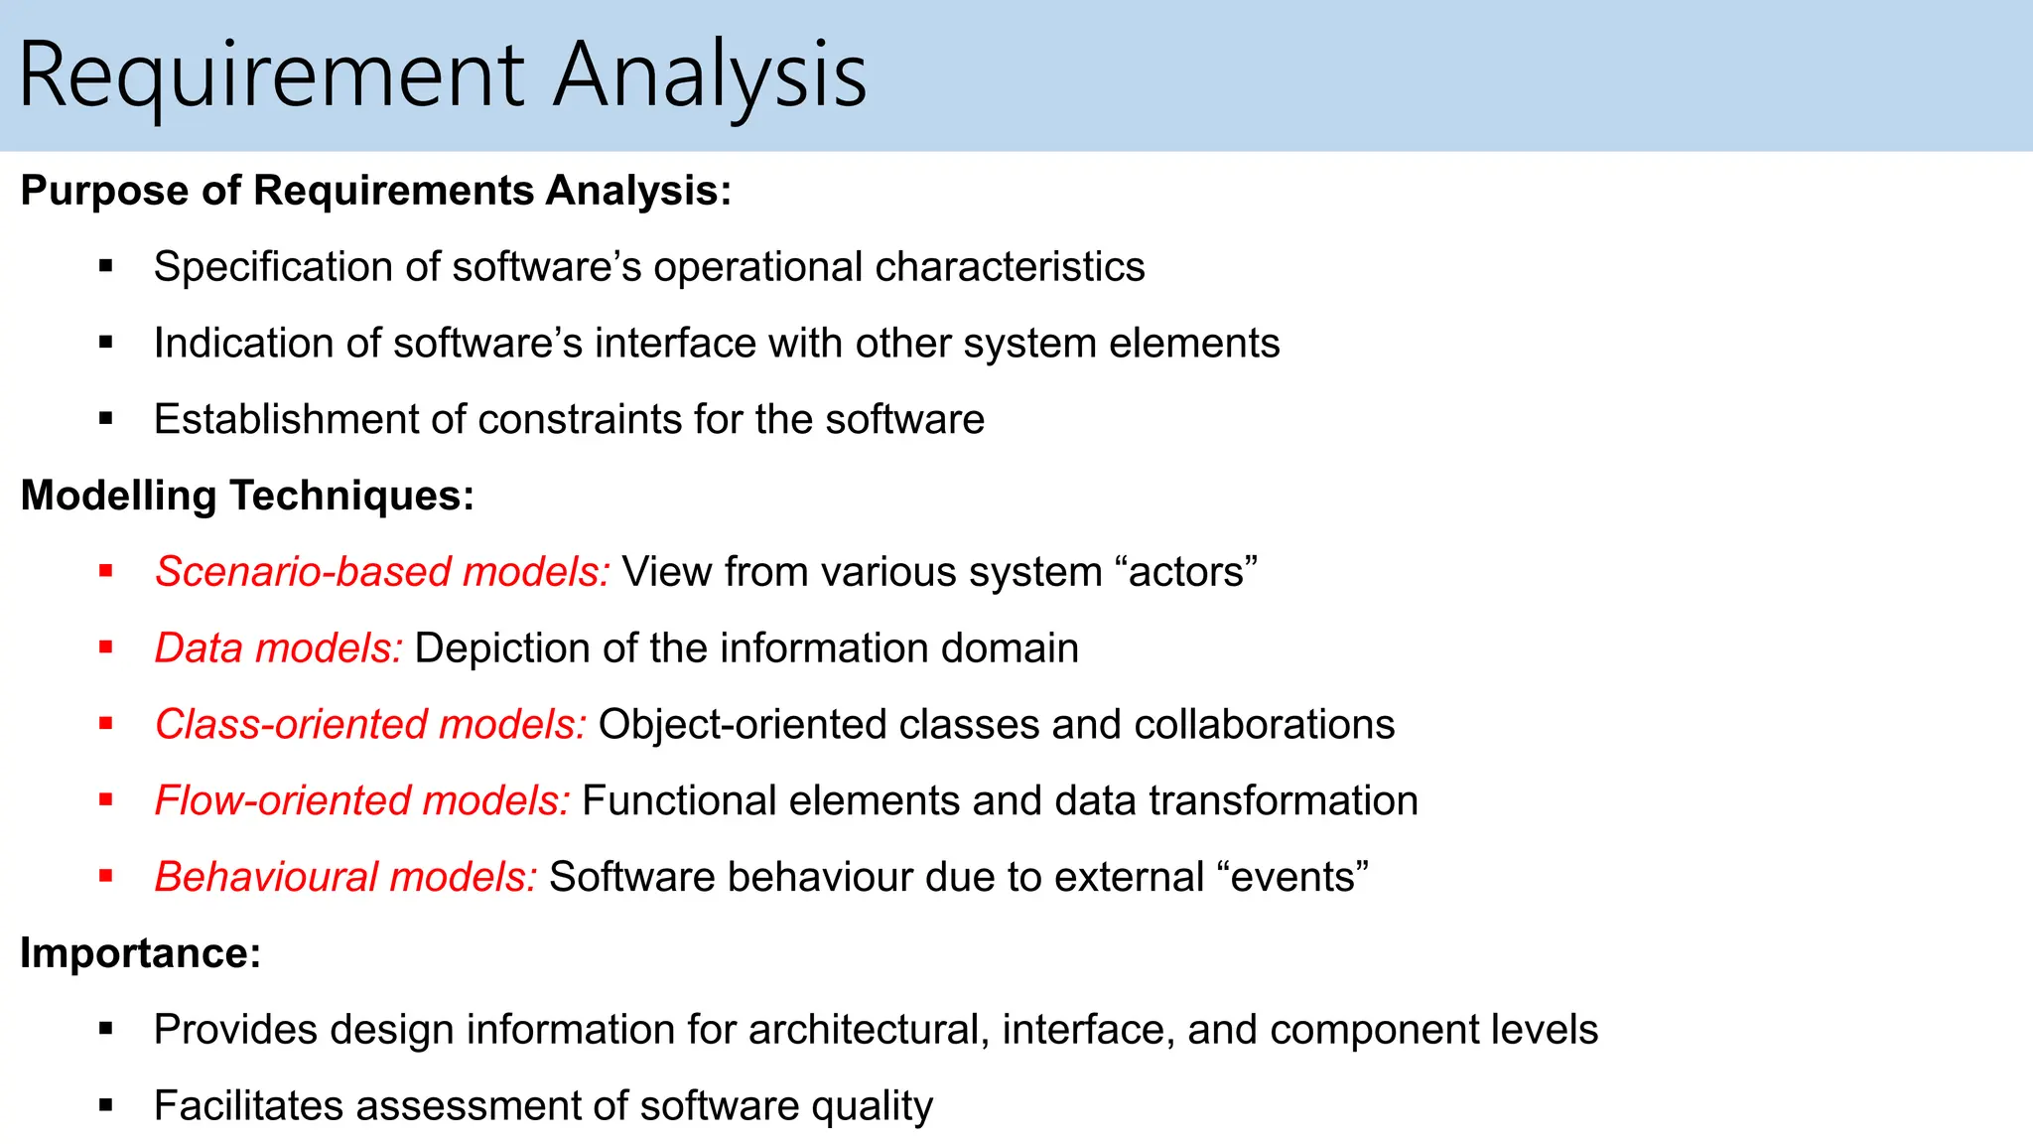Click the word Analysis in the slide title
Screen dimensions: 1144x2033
click(x=710, y=75)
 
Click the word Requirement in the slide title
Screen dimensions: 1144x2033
click(x=271, y=75)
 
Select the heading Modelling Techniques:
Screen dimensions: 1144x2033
click(x=247, y=496)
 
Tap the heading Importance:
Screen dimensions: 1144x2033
click(x=140, y=953)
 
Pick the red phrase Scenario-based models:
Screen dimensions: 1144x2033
click(x=382, y=572)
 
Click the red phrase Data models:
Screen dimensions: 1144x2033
click(x=278, y=648)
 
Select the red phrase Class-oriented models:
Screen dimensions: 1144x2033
click(x=370, y=725)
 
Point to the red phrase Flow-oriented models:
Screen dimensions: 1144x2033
click(x=362, y=801)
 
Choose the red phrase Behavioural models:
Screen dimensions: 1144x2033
click(x=345, y=878)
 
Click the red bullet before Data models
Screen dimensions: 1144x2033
click(x=106, y=647)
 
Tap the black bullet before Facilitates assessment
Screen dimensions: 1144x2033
click(x=106, y=1105)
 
